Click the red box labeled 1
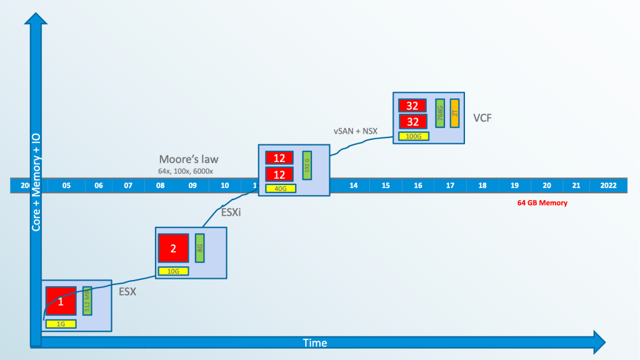61,302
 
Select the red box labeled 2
173,247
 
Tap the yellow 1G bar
61,324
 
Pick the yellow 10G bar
173,271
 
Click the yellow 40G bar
281,188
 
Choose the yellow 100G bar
413,136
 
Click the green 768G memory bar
440,113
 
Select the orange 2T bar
454,113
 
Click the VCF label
482,117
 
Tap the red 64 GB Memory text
542,203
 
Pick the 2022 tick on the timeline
608,186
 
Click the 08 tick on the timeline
160,186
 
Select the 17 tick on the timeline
450,186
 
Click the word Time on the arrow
315,343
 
